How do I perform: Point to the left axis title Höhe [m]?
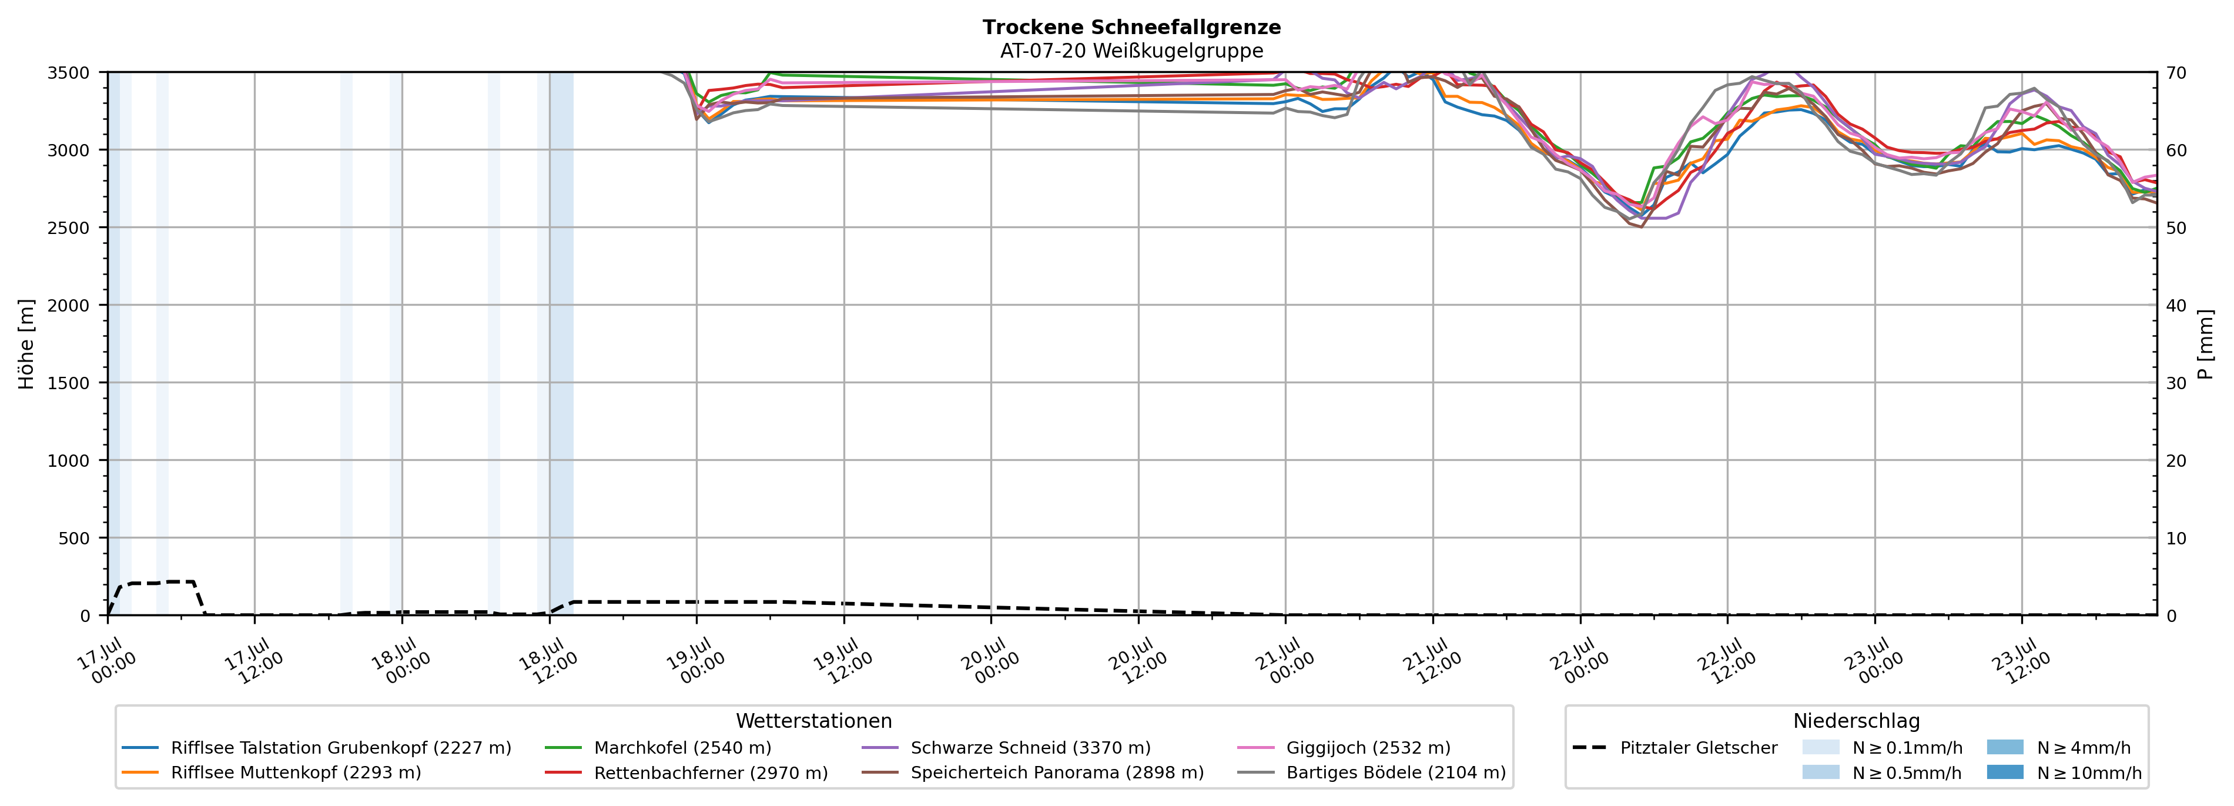26,343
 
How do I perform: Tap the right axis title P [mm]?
2205,343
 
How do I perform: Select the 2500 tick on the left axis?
68,228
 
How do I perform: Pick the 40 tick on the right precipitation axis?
2176,305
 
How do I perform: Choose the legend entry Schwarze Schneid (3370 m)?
1006,748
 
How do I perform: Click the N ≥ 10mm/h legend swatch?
2004,772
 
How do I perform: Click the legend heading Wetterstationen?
813,721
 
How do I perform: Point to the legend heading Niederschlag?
1857,721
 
